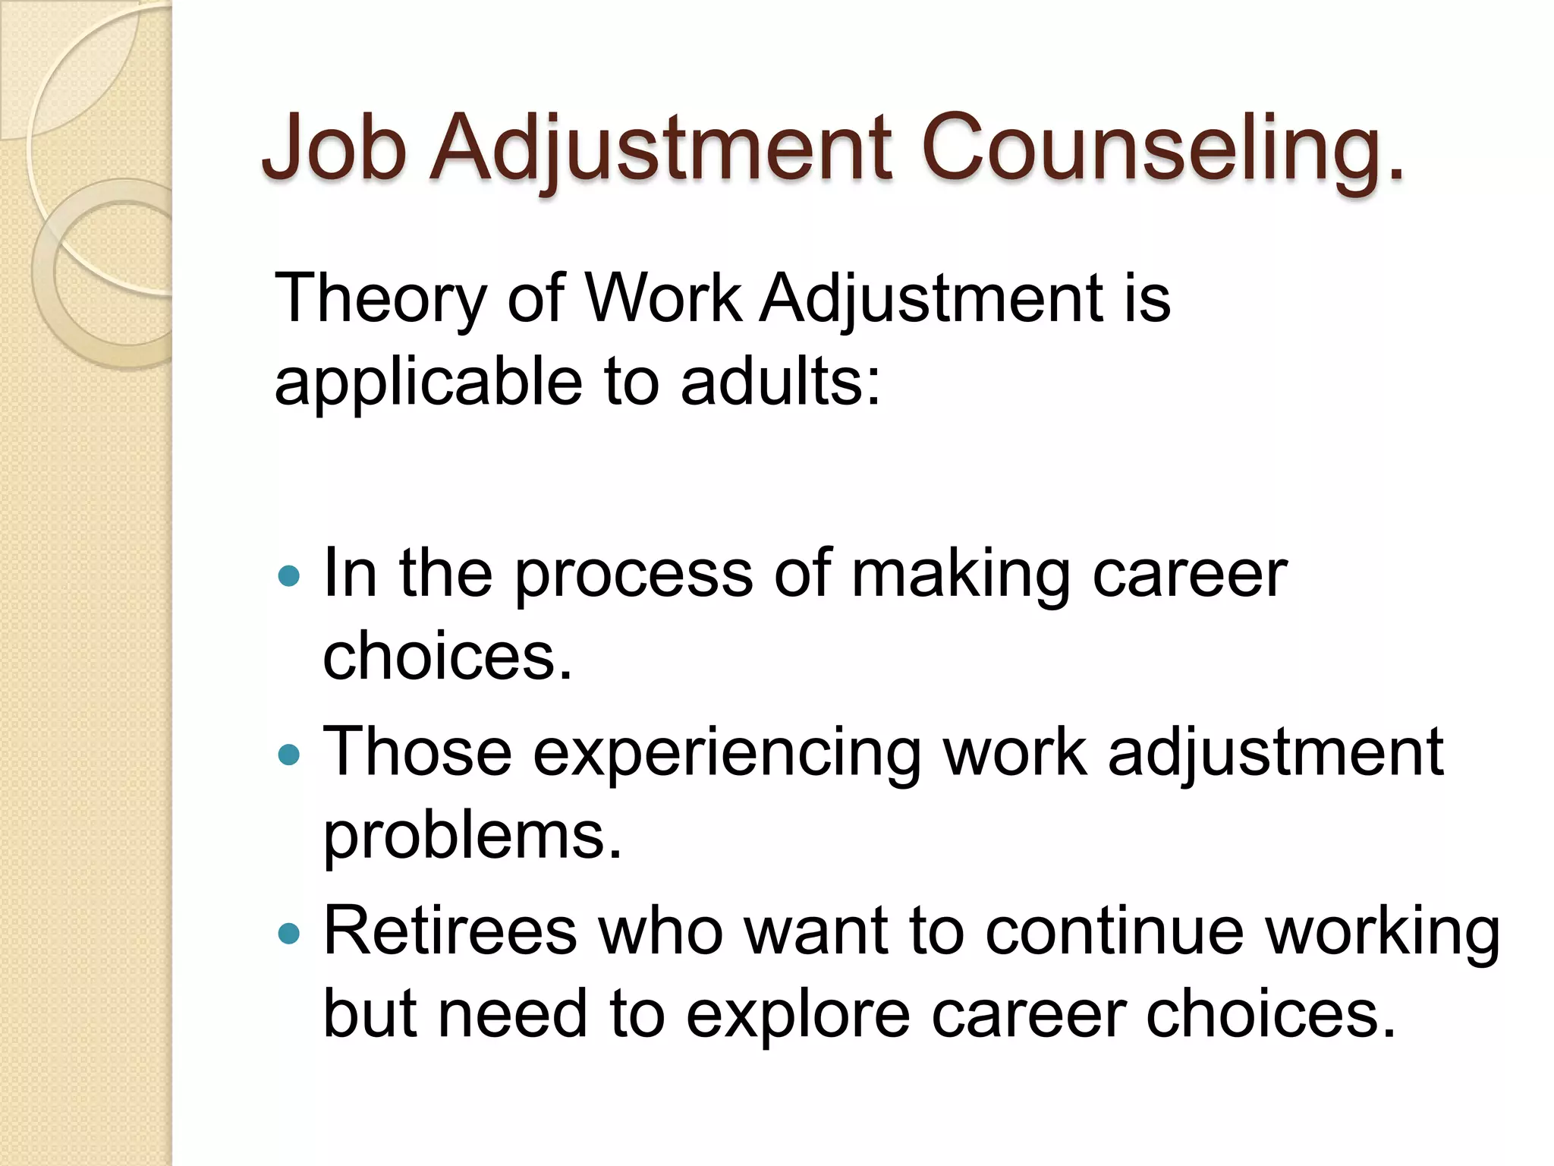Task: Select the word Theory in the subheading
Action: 379,298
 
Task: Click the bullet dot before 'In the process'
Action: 289,577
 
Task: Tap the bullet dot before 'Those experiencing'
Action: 289,755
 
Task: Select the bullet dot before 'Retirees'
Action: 289,933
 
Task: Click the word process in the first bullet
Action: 634,575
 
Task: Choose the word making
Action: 961,575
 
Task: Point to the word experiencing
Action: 727,754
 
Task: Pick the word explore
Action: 797,1015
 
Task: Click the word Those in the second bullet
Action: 417,752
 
